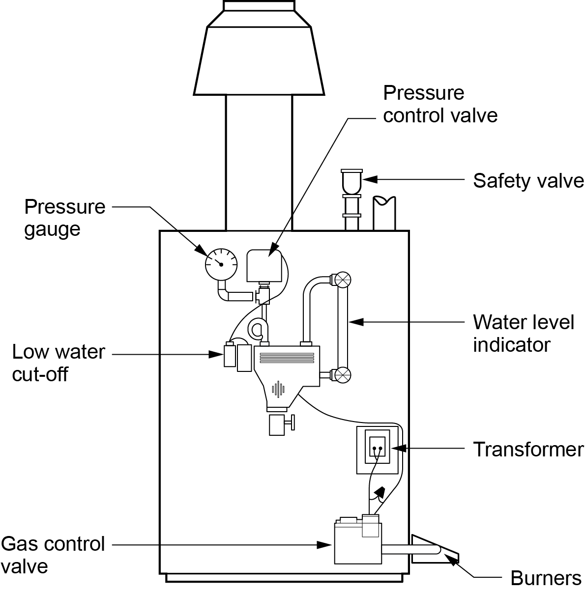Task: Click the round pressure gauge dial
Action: click(221, 264)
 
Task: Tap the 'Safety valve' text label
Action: click(528, 181)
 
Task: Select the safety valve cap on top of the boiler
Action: click(351, 180)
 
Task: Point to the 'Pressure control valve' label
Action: click(440, 104)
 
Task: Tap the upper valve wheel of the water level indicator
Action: click(342, 279)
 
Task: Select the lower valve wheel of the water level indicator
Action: click(342, 375)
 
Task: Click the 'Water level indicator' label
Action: click(524, 334)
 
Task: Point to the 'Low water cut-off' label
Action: click(58, 363)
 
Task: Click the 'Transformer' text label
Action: click(528, 449)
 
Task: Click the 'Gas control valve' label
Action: click(53, 555)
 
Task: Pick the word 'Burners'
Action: click(546, 578)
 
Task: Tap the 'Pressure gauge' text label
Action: click(64, 218)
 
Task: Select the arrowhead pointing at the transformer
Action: click(398, 449)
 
